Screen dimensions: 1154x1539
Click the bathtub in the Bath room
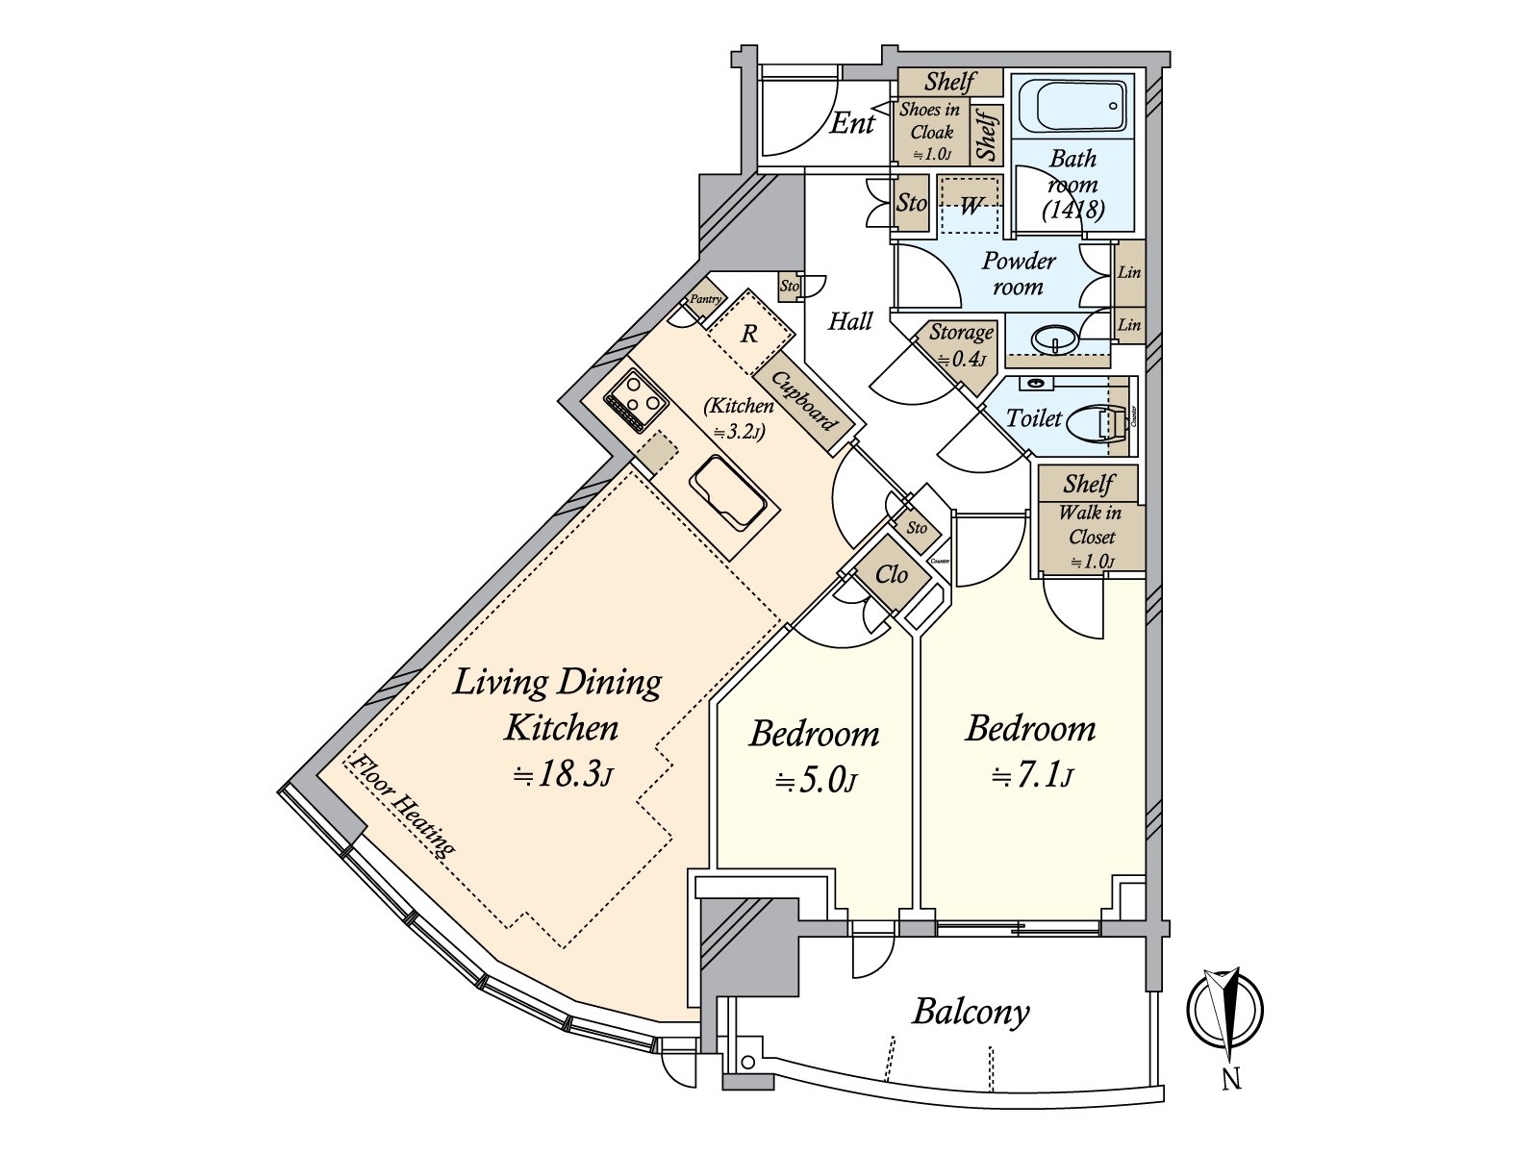(1072, 107)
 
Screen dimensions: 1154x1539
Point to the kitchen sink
(729, 493)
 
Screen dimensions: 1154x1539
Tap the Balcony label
(971, 1012)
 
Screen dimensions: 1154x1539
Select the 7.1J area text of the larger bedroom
(1031, 774)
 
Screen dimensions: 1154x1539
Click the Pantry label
(705, 300)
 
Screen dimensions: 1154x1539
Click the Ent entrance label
(852, 123)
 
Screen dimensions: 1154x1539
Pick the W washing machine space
(971, 205)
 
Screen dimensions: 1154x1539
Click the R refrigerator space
(748, 335)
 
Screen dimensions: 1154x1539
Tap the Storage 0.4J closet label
(960, 344)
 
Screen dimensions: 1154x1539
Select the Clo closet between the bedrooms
(892, 575)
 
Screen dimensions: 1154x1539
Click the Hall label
(850, 321)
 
